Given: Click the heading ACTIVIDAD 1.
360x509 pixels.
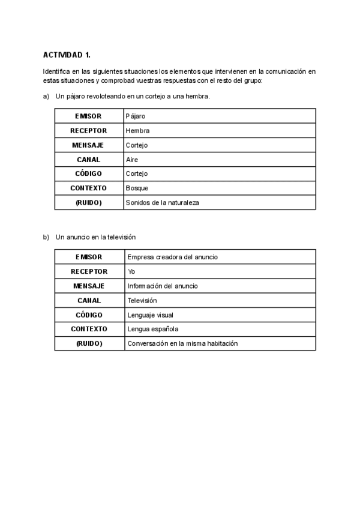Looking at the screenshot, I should [x=67, y=55].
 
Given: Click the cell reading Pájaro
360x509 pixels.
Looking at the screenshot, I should [x=136, y=116].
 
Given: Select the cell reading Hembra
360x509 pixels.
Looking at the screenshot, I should [x=137, y=130].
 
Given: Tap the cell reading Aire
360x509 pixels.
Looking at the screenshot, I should [x=132, y=160].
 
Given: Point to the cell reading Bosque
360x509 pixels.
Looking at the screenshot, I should [x=137, y=188].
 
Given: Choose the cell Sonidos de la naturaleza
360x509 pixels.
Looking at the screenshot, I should [x=162, y=203].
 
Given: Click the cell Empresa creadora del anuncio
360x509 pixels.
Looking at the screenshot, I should [x=172, y=257].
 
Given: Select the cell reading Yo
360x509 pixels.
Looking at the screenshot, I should [x=131, y=271].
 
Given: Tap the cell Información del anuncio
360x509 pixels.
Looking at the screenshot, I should [x=163, y=286].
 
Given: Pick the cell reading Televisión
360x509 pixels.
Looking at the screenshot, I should [x=142, y=300].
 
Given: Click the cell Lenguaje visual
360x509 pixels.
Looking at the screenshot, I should [x=150, y=315].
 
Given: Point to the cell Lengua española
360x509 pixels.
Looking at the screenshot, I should [x=153, y=329].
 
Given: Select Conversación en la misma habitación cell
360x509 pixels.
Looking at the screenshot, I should [x=182, y=343].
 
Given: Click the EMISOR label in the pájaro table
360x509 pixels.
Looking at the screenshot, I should [x=88, y=116].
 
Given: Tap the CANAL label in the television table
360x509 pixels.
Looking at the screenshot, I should [x=89, y=300].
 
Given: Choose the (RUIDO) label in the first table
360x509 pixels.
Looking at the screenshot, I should [x=88, y=203].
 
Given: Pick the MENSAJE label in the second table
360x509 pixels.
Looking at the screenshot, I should [x=89, y=286].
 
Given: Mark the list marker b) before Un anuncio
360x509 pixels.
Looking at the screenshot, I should [x=46, y=237].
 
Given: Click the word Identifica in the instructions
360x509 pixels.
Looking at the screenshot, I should [x=56, y=71].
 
